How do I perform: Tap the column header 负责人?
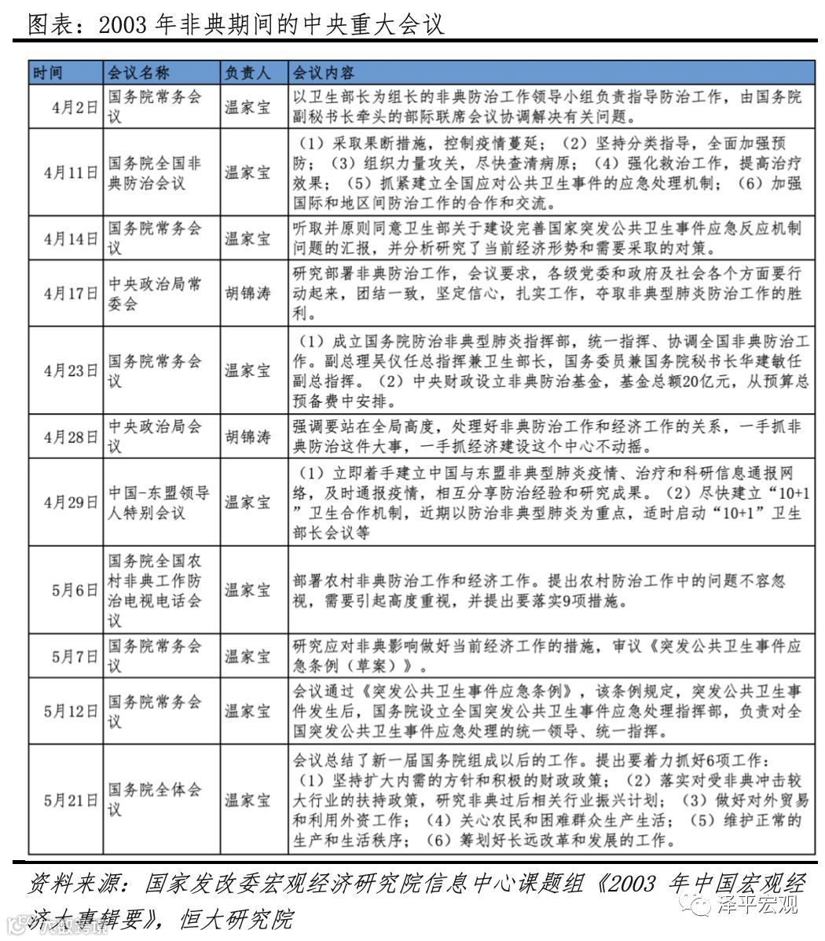click(247, 73)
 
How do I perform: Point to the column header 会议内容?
click(324, 73)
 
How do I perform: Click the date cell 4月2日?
click(75, 108)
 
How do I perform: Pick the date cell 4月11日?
click(71, 173)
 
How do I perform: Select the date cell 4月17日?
click(71, 293)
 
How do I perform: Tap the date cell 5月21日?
click(71, 800)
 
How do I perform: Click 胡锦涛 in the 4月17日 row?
click(247, 293)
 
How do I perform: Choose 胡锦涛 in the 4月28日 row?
click(247, 437)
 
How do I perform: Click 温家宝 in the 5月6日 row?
click(247, 590)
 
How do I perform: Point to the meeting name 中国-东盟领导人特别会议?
click(158, 503)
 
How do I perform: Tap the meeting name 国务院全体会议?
click(155, 799)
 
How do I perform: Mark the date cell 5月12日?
click(71, 711)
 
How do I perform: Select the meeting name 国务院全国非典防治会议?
click(155, 173)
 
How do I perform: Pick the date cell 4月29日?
click(71, 503)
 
